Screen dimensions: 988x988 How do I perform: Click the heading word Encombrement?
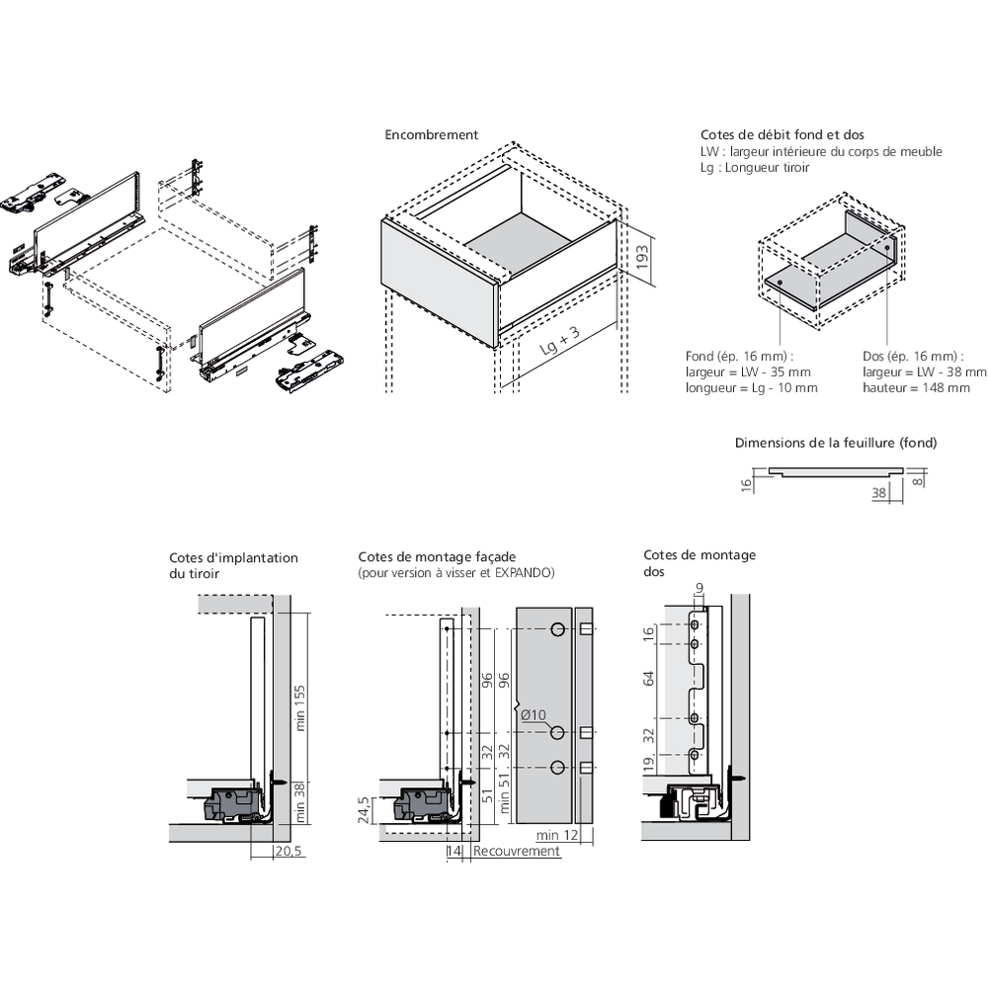[431, 134]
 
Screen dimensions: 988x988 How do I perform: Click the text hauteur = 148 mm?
[916, 388]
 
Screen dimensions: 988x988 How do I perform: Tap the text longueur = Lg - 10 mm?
[751, 388]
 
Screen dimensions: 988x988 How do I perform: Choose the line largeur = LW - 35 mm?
[748, 372]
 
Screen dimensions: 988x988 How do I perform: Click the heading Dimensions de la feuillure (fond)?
[836, 443]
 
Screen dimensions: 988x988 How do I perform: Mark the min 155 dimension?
[301, 706]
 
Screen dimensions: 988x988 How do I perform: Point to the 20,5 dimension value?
[289, 851]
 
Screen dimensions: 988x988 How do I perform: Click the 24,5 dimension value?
[364, 810]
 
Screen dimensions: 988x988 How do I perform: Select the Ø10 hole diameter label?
[533, 714]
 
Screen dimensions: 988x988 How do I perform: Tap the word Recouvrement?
[516, 851]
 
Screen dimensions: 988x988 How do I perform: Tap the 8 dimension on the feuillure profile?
[919, 481]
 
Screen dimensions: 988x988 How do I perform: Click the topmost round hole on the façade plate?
[558, 629]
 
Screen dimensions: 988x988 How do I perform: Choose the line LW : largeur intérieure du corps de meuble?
[820, 151]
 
